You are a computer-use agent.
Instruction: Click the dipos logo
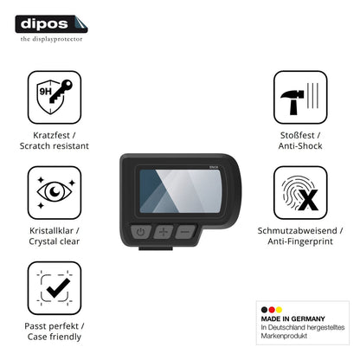[x=51, y=24]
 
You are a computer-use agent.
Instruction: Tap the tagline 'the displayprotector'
[x=51, y=39]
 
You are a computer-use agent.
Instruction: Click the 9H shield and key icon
[x=55, y=97]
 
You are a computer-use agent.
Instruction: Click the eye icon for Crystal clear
[x=55, y=192]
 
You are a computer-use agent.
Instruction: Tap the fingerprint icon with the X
[x=300, y=192]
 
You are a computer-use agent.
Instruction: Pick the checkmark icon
[x=55, y=288]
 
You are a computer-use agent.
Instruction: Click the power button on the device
[x=140, y=232]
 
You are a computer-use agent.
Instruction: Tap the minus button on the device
[x=185, y=231]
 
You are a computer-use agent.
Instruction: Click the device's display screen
[x=180, y=191]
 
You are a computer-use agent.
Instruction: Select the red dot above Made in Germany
[x=272, y=310]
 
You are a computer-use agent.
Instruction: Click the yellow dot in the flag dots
[x=279, y=310]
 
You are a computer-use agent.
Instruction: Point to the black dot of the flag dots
[x=264, y=310]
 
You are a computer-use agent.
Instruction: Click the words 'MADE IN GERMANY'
[x=292, y=318]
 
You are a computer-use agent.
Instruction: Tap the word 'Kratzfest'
[x=51, y=135]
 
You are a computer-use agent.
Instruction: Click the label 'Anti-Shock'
[x=300, y=145]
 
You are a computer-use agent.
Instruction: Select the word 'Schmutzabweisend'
[x=297, y=230]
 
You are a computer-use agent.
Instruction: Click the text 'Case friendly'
[x=55, y=337]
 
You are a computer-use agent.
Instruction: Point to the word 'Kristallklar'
[x=51, y=230]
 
